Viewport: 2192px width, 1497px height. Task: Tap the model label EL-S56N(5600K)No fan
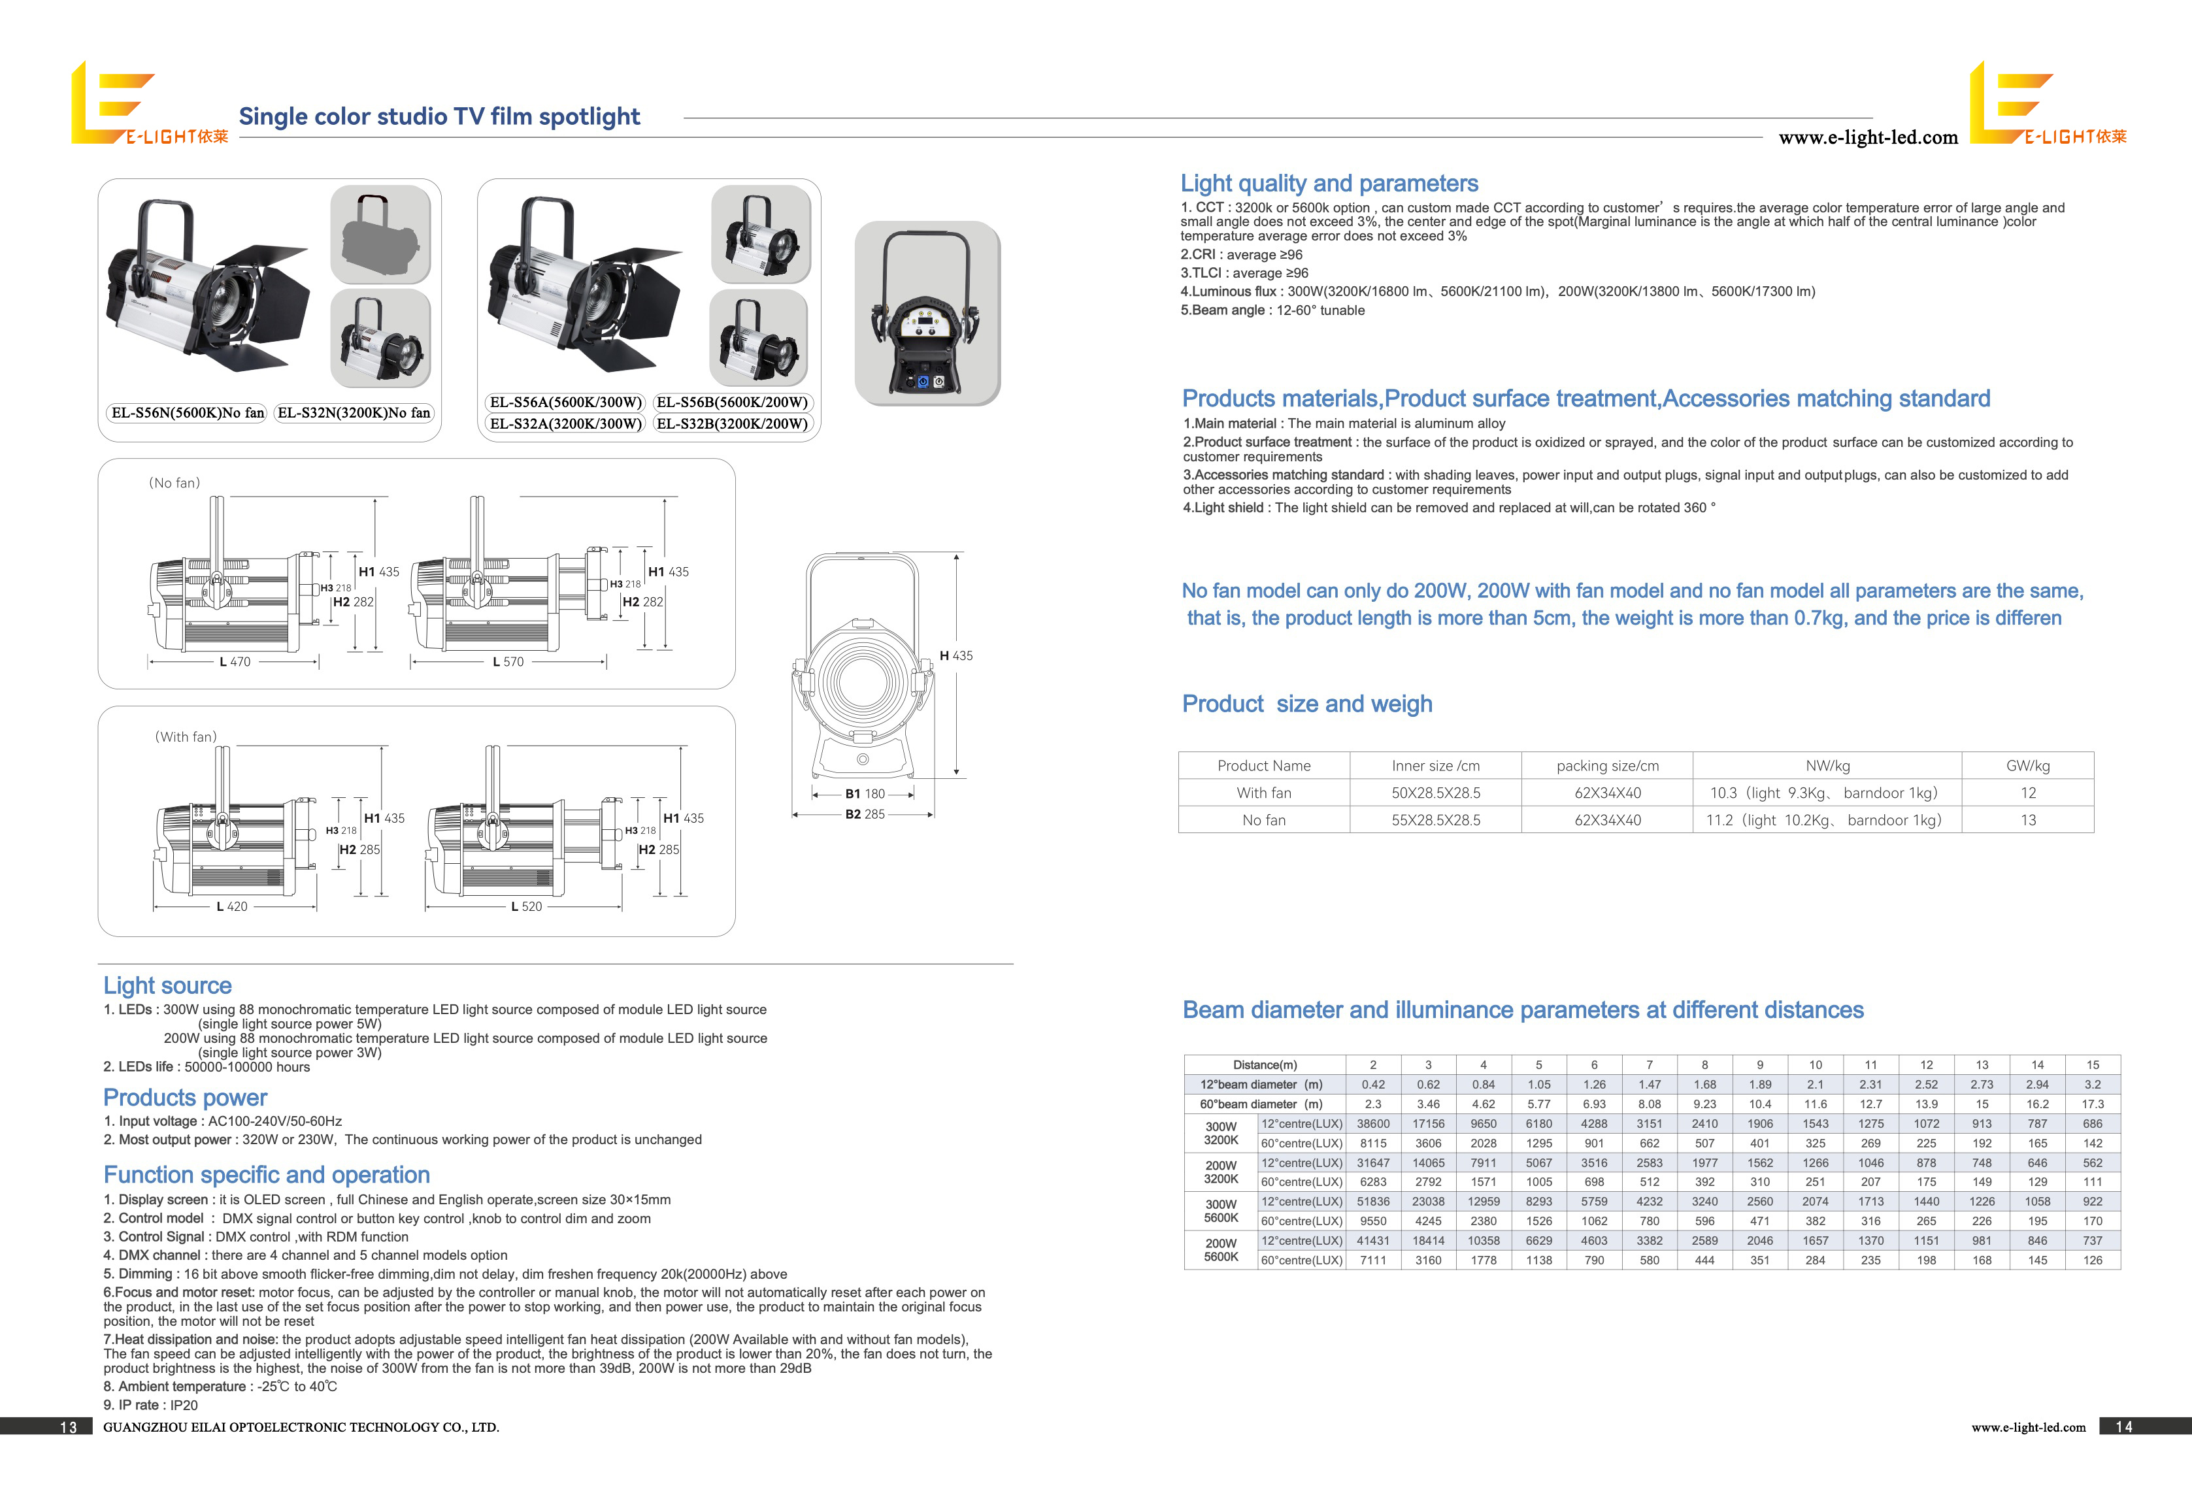(188, 412)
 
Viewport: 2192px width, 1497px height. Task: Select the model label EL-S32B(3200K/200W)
(732, 423)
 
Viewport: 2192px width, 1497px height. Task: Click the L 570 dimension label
(507, 662)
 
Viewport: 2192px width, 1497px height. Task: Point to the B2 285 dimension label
(865, 814)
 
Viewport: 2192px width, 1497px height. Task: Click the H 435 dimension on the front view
(955, 655)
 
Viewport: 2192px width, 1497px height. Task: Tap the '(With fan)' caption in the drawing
(186, 736)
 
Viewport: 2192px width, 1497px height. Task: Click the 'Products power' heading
(185, 1097)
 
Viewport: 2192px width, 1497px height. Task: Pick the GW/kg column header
(2027, 766)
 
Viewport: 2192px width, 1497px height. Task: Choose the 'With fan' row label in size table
(1264, 793)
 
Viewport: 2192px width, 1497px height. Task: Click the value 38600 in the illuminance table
(1372, 1123)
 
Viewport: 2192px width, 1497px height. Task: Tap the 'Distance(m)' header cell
(1264, 1065)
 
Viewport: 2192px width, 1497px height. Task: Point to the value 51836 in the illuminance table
(1372, 1202)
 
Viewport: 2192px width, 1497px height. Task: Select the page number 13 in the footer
(68, 1427)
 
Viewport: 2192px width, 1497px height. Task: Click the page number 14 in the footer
(2123, 1427)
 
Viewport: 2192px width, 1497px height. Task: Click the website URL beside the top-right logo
(1868, 138)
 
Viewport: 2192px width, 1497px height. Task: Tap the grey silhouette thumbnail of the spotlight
(380, 235)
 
